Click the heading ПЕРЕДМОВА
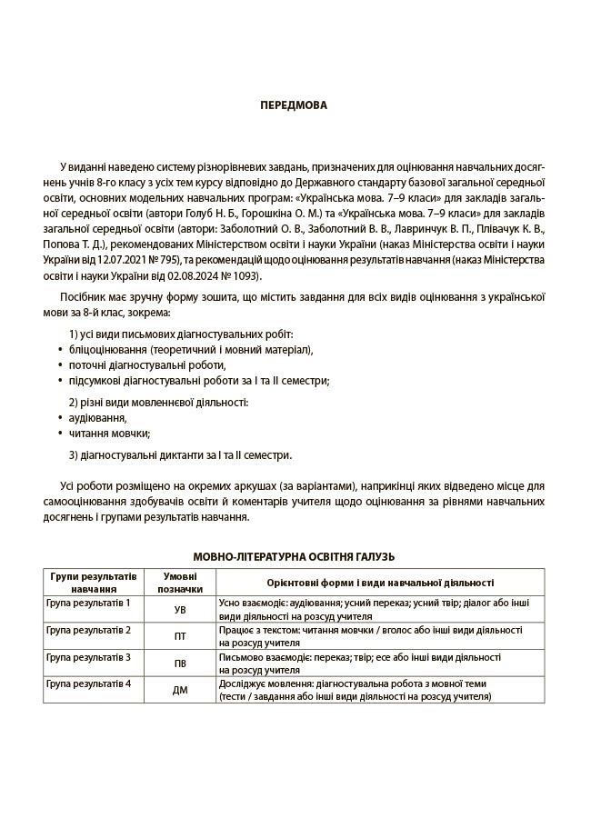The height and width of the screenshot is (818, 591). point(294,105)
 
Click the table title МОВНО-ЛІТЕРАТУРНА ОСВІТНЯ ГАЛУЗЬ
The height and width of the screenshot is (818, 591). point(294,556)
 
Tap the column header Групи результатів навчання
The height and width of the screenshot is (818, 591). point(94,583)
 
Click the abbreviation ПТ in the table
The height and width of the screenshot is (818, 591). point(179,637)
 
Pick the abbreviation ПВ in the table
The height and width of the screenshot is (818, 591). point(179,663)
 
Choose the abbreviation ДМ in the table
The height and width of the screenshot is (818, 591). point(179,691)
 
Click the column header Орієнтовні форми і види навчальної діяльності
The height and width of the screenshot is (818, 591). point(380,583)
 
